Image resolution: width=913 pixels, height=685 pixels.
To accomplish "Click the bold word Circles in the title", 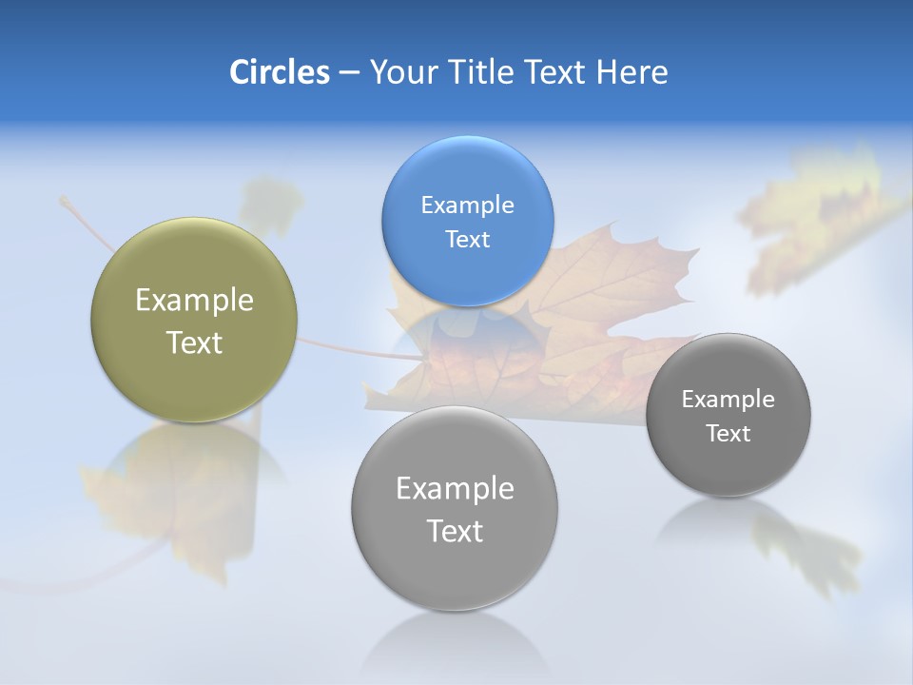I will click(x=280, y=72).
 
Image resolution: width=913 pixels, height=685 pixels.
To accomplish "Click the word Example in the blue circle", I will click(x=467, y=205).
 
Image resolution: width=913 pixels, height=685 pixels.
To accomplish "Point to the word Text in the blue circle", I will click(x=467, y=239).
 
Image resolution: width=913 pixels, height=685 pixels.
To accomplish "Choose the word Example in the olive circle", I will click(x=194, y=301).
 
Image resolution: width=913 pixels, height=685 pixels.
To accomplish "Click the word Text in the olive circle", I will click(x=194, y=342).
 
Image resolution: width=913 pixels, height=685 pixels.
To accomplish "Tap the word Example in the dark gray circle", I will click(x=728, y=399).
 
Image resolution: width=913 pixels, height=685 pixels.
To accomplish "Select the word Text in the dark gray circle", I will click(x=728, y=433).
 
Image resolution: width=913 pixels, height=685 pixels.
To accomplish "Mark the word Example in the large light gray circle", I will click(x=455, y=488).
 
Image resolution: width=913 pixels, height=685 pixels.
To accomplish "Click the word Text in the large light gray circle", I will click(x=455, y=531).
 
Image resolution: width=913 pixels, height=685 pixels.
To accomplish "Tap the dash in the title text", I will click(x=349, y=73).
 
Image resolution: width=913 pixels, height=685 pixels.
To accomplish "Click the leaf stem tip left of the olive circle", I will click(x=64, y=200).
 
